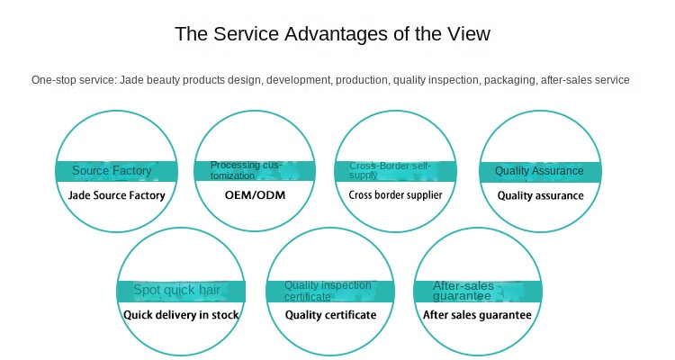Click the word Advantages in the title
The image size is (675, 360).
coord(336,34)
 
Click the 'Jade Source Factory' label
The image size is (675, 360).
coord(117,194)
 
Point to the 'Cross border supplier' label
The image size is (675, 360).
coord(393,194)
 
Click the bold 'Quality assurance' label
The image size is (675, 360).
coord(540,194)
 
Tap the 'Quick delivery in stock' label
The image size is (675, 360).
coord(181,315)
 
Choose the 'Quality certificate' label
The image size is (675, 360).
coord(330,315)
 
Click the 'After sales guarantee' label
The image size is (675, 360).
coord(477,315)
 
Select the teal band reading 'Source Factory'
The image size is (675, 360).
coord(112,171)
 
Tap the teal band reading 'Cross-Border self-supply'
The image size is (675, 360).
coord(392,171)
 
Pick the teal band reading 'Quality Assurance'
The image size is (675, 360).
coord(539,171)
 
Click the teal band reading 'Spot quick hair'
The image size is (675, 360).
coord(176,291)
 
